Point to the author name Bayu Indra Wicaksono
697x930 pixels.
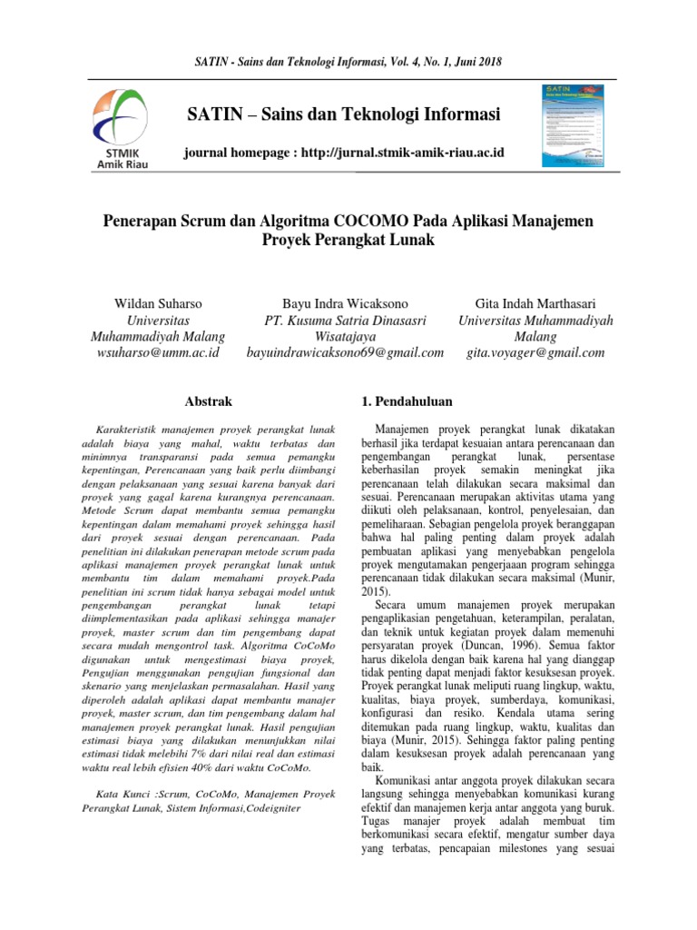(x=345, y=302)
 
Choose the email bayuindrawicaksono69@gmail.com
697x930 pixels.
(x=345, y=352)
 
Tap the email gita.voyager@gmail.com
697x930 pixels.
(x=535, y=352)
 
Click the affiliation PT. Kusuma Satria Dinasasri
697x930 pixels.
(x=345, y=319)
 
